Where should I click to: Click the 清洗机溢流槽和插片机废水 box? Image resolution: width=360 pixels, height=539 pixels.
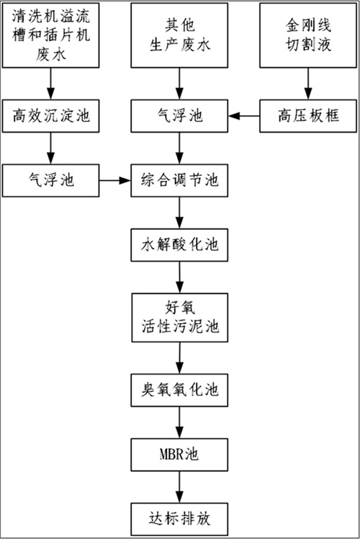pyautogui.click(x=51, y=35)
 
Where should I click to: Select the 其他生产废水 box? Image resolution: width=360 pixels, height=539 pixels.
pyautogui.click(x=179, y=35)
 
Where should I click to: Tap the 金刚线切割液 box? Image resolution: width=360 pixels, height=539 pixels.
pyautogui.click(x=308, y=35)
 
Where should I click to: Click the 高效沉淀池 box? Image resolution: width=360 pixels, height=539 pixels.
pyautogui.click(x=51, y=116)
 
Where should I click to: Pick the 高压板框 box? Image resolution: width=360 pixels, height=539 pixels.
pyautogui.click(x=308, y=116)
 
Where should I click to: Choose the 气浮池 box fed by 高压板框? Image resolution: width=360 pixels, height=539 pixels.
pyautogui.click(x=179, y=116)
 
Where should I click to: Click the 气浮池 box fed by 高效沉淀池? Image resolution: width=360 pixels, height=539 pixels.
pyautogui.click(x=51, y=180)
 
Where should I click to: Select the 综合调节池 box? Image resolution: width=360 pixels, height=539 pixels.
pyautogui.click(x=179, y=180)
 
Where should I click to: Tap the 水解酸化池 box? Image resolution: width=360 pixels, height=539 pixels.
pyautogui.click(x=179, y=245)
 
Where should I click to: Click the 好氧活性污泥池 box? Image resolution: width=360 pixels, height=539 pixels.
pyautogui.click(x=180, y=318)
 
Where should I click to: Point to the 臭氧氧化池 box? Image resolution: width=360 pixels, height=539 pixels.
pyautogui.click(x=179, y=390)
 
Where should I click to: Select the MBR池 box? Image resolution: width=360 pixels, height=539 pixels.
pyautogui.click(x=179, y=455)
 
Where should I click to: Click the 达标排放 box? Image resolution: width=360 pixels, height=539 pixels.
pyautogui.click(x=179, y=519)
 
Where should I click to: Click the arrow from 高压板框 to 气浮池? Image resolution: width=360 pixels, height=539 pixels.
pyautogui.click(x=244, y=116)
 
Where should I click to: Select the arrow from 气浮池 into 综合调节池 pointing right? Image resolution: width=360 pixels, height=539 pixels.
pyautogui.click(x=115, y=180)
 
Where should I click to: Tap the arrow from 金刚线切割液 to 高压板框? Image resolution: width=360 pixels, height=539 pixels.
pyautogui.click(x=308, y=84)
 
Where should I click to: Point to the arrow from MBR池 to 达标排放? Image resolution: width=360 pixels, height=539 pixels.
pyautogui.click(x=179, y=487)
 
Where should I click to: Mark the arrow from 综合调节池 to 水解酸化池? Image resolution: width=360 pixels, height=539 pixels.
pyautogui.click(x=179, y=213)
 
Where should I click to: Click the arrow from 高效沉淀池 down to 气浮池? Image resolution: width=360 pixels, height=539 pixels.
pyautogui.click(x=51, y=148)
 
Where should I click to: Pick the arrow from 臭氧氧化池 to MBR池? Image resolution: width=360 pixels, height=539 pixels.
pyautogui.click(x=179, y=422)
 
